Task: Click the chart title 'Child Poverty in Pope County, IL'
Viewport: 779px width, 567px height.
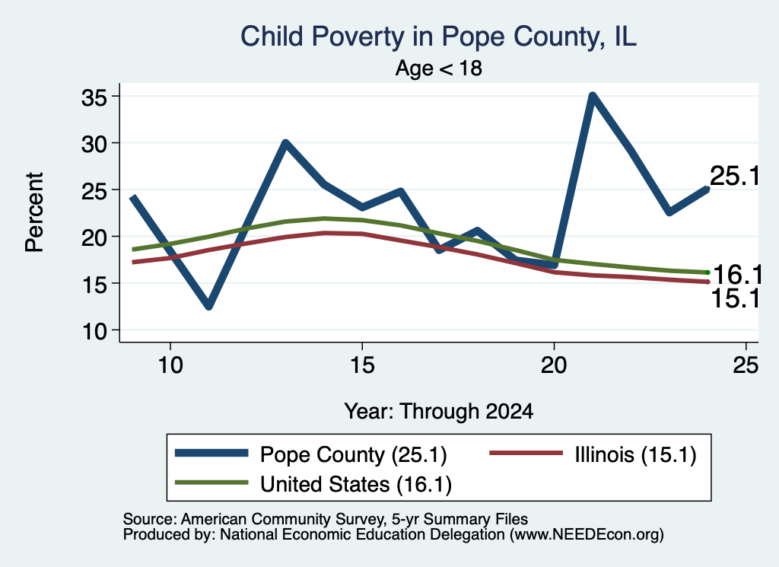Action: pyautogui.click(x=438, y=37)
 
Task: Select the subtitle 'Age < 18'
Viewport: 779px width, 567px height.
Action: pyautogui.click(x=439, y=68)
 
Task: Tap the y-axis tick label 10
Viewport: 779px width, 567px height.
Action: pyautogui.click(x=94, y=332)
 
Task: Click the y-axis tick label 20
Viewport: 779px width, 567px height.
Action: pyautogui.click(x=94, y=237)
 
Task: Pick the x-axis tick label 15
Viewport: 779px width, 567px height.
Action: pyautogui.click(x=362, y=366)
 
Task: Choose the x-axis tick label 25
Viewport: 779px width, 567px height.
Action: pyautogui.click(x=746, y=366)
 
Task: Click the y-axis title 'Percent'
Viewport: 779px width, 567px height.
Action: pyautogui.click(x=34, y=212)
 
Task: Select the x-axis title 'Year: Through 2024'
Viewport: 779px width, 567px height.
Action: pyautogui.click(x=439, y=412)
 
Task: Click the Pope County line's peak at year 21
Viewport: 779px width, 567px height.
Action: pyautogui.click(x=592, y=95)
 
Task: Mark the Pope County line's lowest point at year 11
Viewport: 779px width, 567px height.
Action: pyautogui.click(x=209, y=306)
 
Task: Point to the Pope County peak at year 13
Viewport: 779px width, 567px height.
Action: pyautogui.click(x=285, y=143)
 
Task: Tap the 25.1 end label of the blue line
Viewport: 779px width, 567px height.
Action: pyautogui.click(x=735, y=176)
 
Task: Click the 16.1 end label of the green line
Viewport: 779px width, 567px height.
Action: pyautogui.click(x=737, y=274)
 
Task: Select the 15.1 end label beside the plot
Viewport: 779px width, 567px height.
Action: pyautogui.click(x=736, y=299)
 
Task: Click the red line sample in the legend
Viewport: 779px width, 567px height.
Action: pyautogui.click(x=526, y=453)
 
